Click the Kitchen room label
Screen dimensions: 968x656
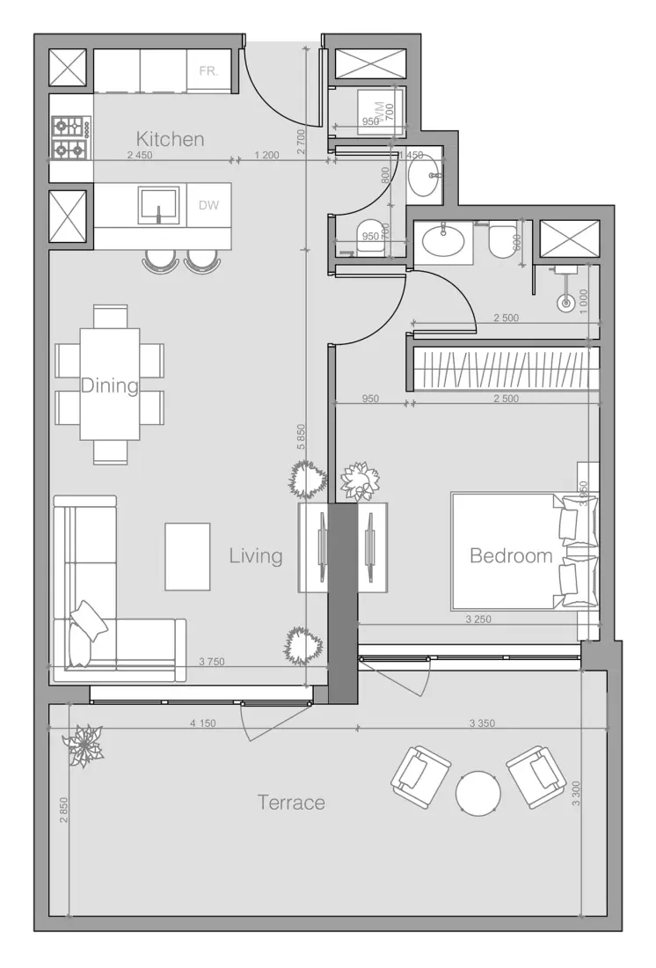click(170, 139)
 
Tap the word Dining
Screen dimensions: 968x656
click(110, 385)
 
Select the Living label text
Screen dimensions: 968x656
click(256, 555)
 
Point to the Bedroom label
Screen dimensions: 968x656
click(511, 555)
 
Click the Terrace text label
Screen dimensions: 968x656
click(291, 803)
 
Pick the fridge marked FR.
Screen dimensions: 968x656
click(208, 70)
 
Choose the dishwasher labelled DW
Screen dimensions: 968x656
click(208, 206)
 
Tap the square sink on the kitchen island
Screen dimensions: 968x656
click(158, 205)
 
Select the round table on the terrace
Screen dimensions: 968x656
click(478, 793)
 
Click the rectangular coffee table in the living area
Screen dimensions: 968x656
click(187, 557)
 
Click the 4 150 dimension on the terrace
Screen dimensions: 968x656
click(203, 723)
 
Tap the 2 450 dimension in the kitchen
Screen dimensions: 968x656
click(141, 156)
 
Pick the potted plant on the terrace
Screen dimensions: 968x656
click(85, 745)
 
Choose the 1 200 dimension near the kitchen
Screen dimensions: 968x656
click(266, 156)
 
